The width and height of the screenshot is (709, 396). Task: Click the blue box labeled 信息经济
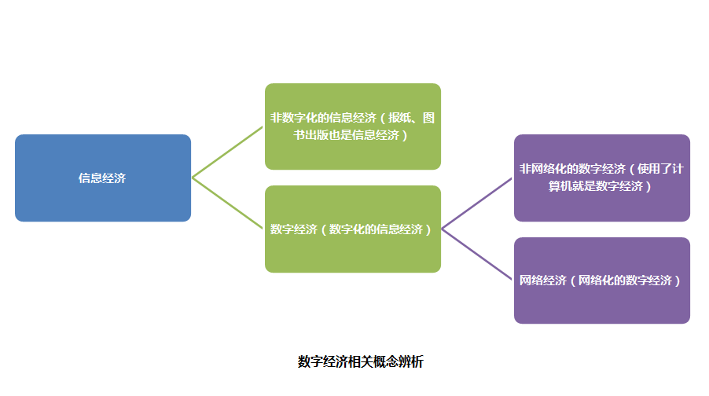pyautogui.click(x=103, y=178)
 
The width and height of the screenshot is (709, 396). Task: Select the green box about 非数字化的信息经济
pyautogui.click(x=353, y=126)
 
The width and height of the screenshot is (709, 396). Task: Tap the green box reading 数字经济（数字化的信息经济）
pyautogui.click(x=353, y=229)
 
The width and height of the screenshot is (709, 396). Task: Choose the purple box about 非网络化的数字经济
pyautogui.click(x=602, y=178)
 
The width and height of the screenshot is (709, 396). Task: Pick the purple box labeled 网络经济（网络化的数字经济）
pyautogui.click(x=602, y=280)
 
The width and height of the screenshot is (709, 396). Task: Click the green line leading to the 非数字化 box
pyautogui.click(x=227, y=152)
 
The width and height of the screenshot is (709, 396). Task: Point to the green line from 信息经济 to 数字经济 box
pyautogui.click(x=227, y=203)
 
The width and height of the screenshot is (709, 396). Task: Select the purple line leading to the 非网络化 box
pyautogui.click(x=477, y=203)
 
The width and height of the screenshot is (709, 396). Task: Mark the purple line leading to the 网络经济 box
pyautogui.click(x=477, y=254)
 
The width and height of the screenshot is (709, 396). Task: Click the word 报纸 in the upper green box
pyautogui.click(x=400, y=118)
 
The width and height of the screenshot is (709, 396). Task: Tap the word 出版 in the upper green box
pyautogui.click(x=317, y=135)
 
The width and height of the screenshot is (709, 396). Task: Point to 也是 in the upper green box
pyautogui.click(x=340, y=135)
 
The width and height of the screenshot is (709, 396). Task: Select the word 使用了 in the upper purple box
pyautogui.click(x=655, y=169)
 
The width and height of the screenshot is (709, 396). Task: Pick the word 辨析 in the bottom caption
pyautogui.click(x=411, y=361)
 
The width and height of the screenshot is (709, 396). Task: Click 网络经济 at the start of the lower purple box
pyautogui.click(x=542, y=280)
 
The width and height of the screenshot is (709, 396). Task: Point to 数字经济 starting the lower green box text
pyautogui.click(x=294, y=229)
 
